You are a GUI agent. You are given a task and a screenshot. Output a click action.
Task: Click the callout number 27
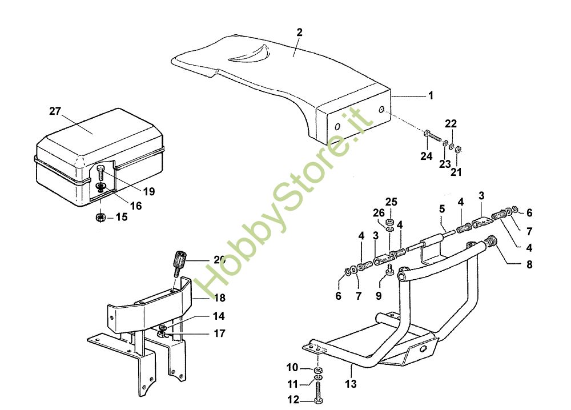pyautogui.click(x=55, y=111)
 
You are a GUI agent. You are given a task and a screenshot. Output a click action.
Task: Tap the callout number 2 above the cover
pyautogui.click(x=299, y=32)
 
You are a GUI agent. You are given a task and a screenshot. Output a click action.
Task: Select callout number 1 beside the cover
pyautogui.click(x=431, y=96)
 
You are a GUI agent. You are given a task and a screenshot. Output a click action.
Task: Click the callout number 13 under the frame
pyautogui.click(x=351, y=384)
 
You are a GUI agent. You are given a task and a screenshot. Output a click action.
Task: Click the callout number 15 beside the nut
pyautogui.click(x=122, y=217)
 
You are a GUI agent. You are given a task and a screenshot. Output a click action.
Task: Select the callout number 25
pyautogui.click(x=391, y=202)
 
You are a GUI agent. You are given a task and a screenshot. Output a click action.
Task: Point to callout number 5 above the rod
pyautogui.click(x=441, y=209)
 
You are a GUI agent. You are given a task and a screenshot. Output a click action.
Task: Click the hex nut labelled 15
pyautogui.click(x=101, y=217)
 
